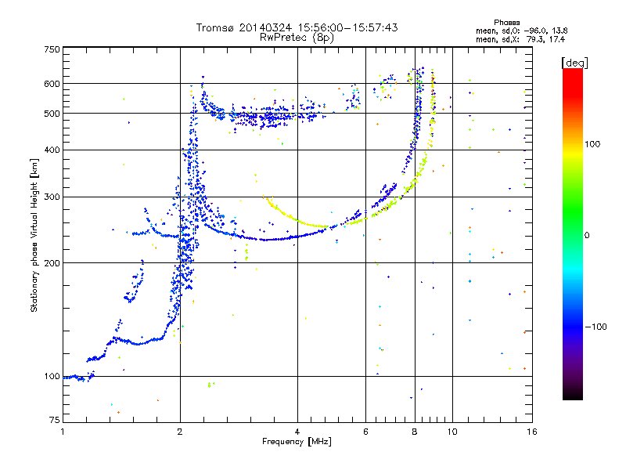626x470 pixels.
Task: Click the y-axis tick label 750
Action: pyautogui.click(x=52, y=49)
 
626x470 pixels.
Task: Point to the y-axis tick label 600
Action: pyautogui.click(x=52, y=84)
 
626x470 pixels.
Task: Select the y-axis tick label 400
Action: pyautogui.click(x=52, y=150)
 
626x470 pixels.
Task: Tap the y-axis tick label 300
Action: pyautogui.click(x=52, y=197)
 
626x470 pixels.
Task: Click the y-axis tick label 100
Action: pyautogui.click(x=52, y=376)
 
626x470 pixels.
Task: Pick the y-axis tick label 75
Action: pyautogui.click(x=54, y=421)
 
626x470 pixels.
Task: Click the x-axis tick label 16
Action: pyautogui.click(x=531, y=432)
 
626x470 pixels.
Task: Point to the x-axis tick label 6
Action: pyautogui.click(x=366, y=432)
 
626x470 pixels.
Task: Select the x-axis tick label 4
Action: pyautogui.click(x=297, y=432)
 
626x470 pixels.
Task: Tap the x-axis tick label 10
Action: pyautogui.click(x=452, y=432)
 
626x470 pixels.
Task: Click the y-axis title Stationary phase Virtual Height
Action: pyautogui.click(x=34, y=236)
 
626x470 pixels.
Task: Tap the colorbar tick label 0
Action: pyautogui.click(x=588, y=235)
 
